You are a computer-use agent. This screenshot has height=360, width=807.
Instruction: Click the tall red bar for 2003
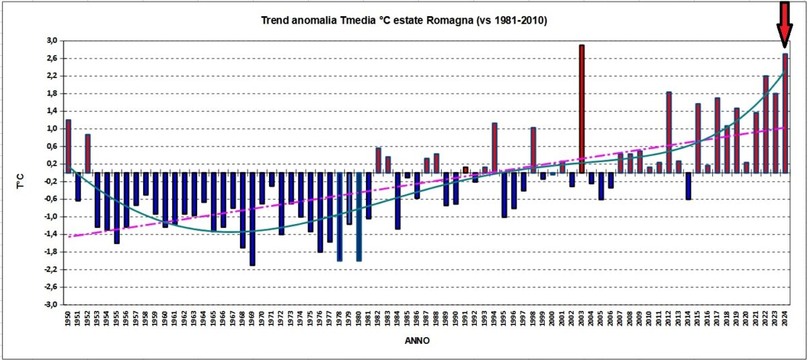582,108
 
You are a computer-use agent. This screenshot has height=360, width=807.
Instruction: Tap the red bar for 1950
68,145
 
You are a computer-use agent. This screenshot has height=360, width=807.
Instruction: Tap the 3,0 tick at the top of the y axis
52,41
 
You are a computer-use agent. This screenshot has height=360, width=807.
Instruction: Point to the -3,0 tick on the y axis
50,305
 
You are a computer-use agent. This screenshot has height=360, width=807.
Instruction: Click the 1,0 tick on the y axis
52,129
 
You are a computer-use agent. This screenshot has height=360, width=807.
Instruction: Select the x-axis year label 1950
69,321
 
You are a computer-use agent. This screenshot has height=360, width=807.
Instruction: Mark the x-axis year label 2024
785,321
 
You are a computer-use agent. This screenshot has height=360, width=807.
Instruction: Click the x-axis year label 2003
582,321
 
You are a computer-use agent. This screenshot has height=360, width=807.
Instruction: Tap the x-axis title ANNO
418,341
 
